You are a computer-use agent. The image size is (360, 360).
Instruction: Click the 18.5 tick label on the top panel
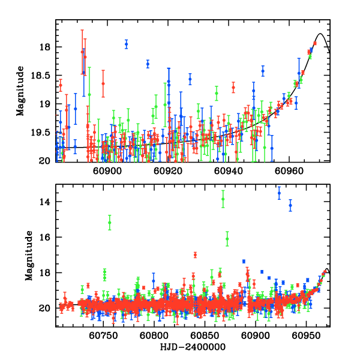click(x=42, y=76)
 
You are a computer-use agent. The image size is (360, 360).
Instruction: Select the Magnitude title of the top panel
click(x=20, y=90)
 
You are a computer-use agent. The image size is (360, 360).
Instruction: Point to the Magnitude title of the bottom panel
click(x=29, y=255)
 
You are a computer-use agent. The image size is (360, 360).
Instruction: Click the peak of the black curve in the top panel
click(x=320, y=34)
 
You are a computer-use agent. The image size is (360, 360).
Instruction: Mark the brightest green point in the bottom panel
click(x=223, y=199)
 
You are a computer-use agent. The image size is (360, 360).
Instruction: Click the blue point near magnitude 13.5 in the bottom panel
click(x=279, y=193)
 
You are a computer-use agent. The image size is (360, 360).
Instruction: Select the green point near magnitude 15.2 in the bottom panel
click(x=110, y=223)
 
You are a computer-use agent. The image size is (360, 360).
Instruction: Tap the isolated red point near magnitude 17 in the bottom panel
click(x=196, y=255)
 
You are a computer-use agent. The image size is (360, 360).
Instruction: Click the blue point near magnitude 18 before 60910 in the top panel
click(x=127, y=44)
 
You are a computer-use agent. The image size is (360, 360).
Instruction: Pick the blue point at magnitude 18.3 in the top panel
click(x=148, y=64)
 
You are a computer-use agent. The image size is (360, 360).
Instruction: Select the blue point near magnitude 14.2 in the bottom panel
click(x=290, y=205)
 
